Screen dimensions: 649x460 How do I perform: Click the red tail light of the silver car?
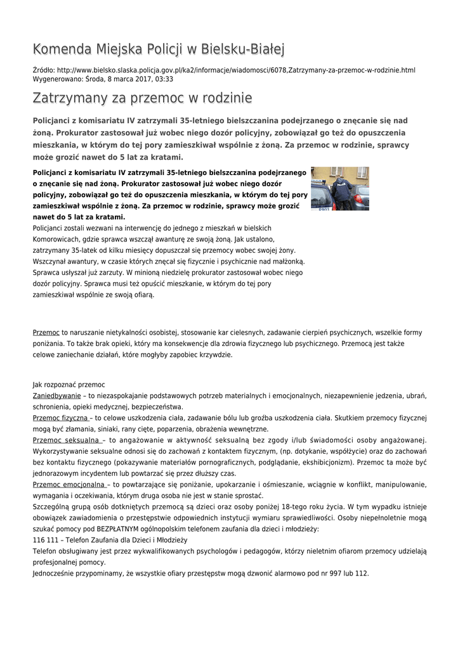(x=358, y=198)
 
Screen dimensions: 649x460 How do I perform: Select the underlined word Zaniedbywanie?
(x=56, y=395)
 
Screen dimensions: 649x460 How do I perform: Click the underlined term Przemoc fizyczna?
(x=61, y=418)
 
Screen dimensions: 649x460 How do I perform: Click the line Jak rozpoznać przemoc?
(x=69, y=384)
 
